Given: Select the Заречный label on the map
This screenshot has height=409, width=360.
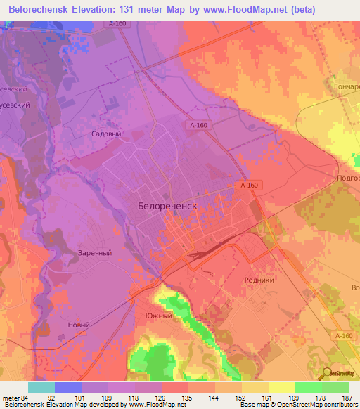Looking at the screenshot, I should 94,253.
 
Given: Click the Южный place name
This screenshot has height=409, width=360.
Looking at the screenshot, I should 158,316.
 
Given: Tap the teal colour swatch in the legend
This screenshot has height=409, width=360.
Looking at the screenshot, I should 41,387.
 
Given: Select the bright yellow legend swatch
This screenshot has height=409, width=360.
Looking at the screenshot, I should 281,387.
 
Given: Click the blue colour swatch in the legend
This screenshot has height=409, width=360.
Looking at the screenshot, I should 68,387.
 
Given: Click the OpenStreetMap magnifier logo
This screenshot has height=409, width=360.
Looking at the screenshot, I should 328,372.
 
